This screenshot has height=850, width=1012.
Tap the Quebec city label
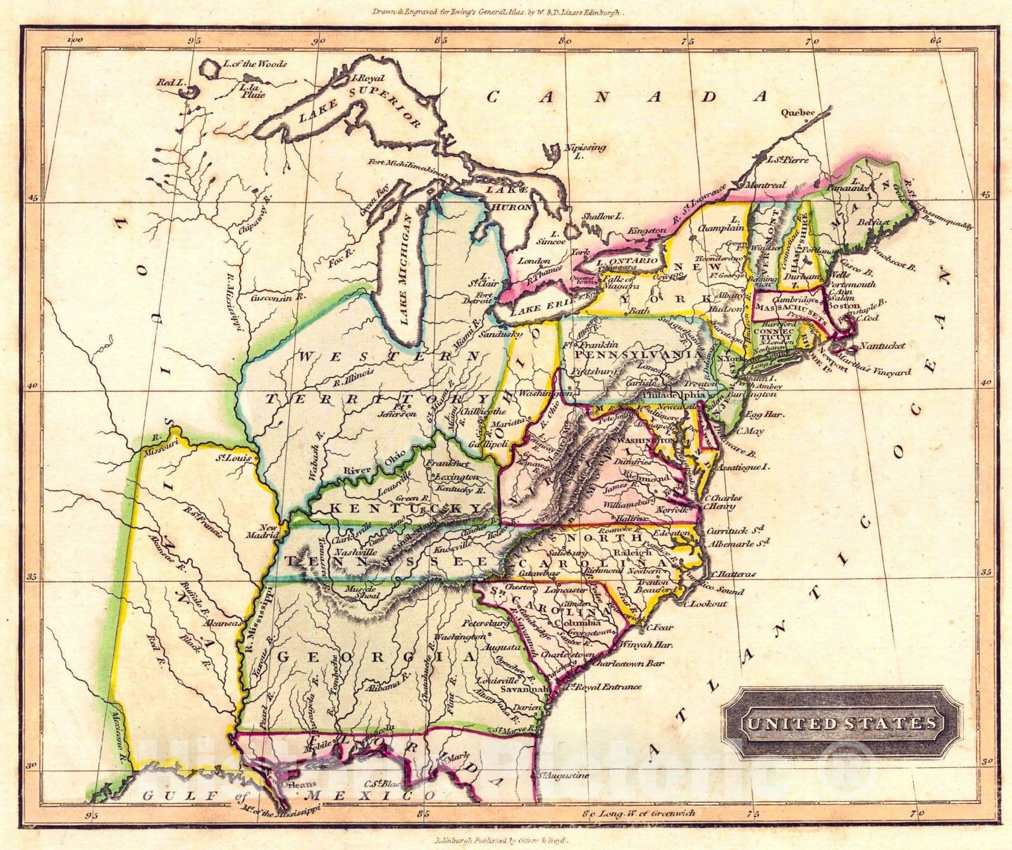(796, 113)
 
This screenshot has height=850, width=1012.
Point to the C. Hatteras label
(732, 574)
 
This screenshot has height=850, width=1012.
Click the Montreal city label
(765, 185)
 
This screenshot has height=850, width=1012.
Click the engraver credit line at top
(506, 12)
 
